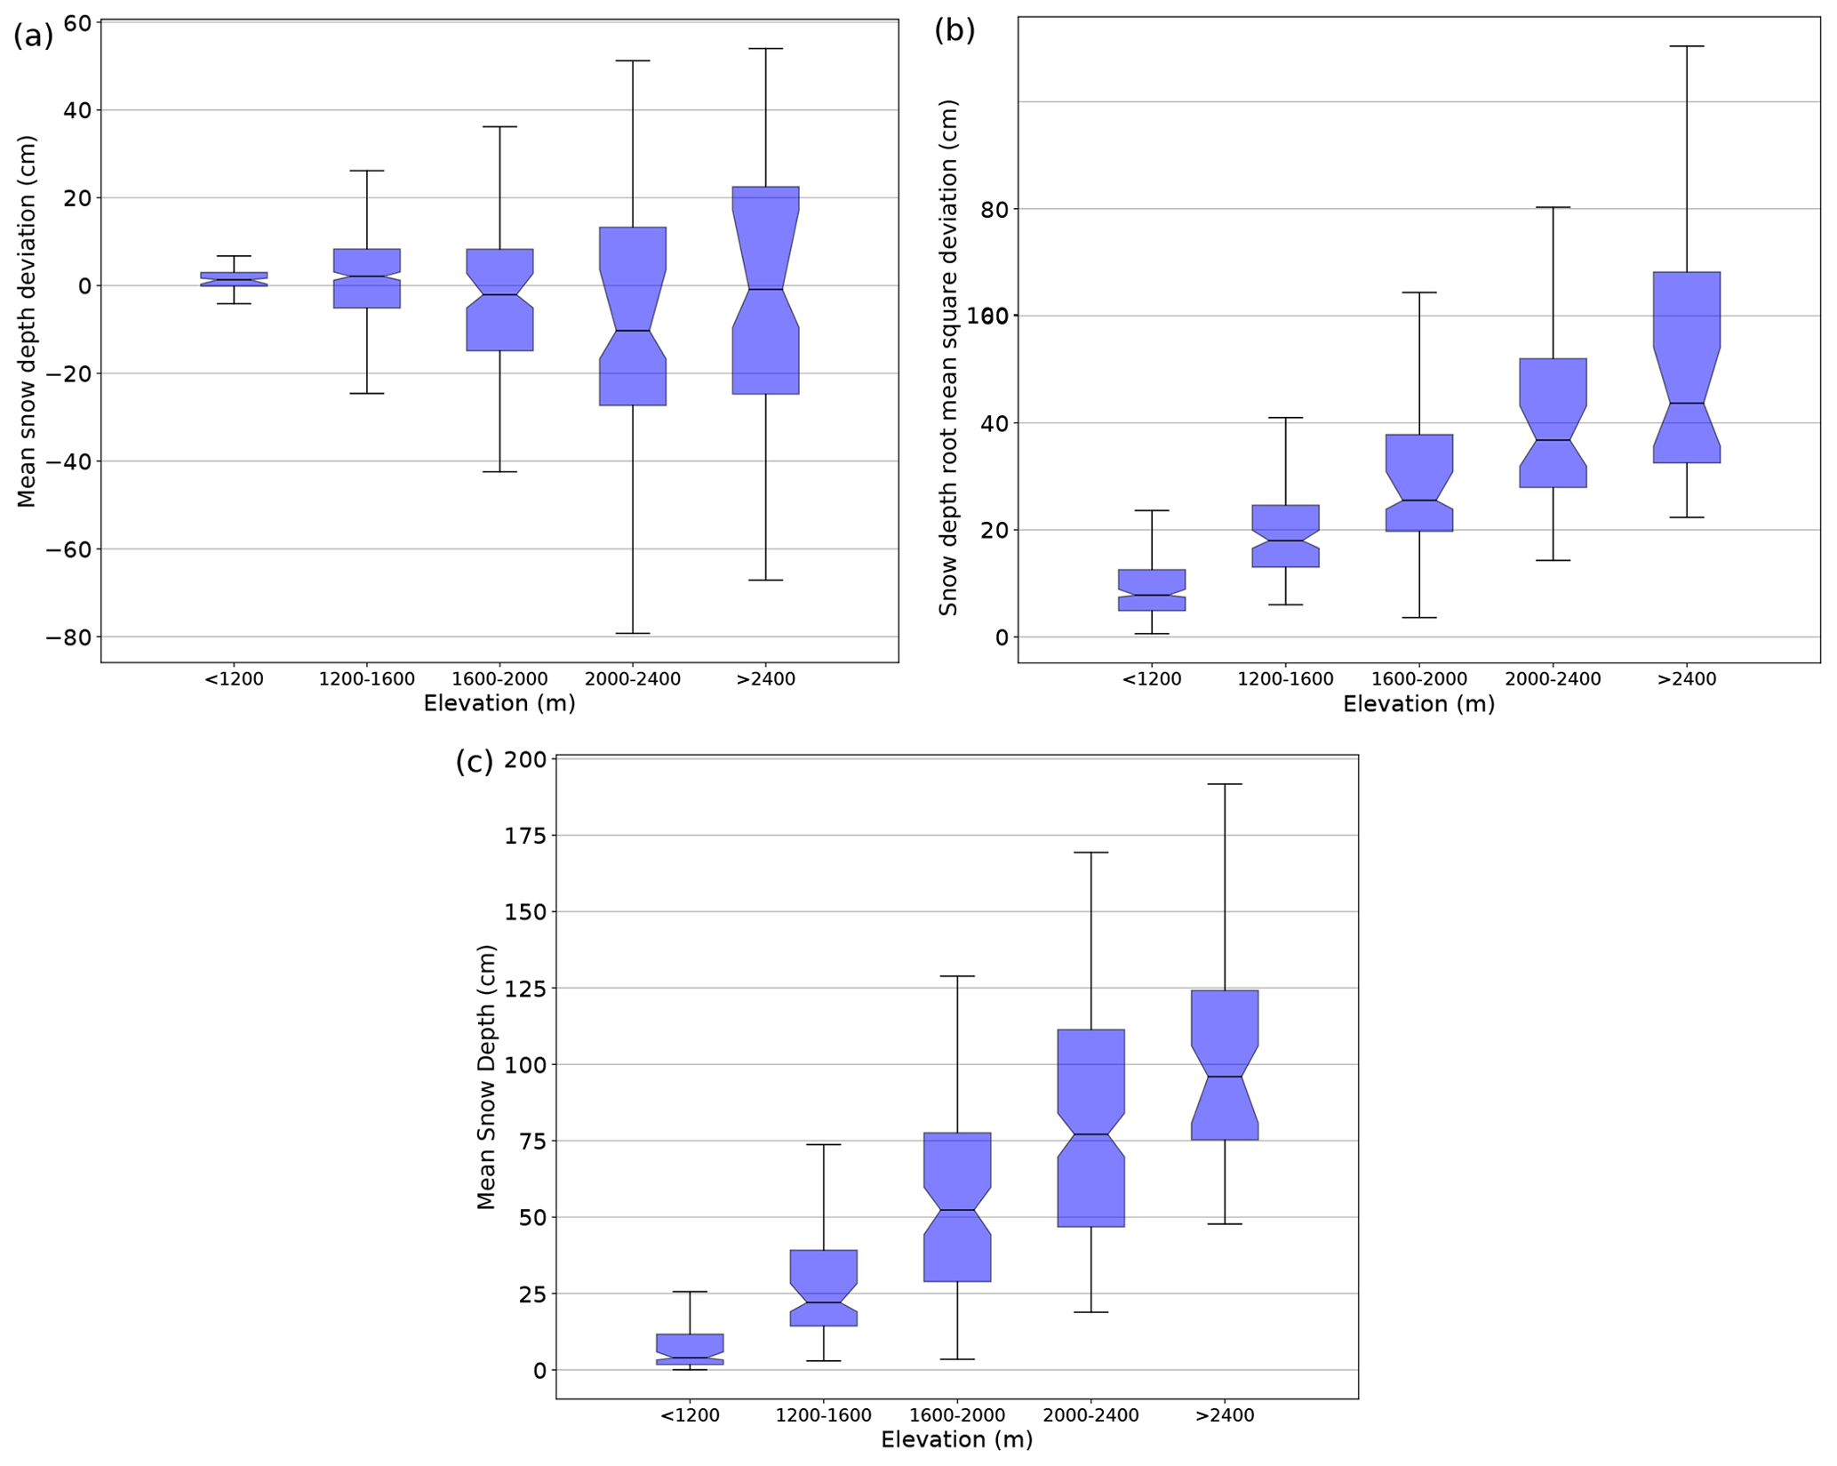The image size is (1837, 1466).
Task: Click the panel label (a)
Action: click(x=33, y=36)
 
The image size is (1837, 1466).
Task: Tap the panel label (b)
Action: click(x=954, y=31)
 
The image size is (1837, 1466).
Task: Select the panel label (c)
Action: click(x=474, y=762)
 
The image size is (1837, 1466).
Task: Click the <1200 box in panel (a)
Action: click(x=234, y=278)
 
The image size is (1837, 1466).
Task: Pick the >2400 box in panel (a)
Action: click(x=765, y=290)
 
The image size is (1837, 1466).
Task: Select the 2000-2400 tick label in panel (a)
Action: click(x=632, y=679)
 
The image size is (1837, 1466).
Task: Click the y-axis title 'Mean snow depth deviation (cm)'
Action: click(x=27, y=322)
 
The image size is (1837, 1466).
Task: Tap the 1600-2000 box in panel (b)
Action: click(x=1419, y=483)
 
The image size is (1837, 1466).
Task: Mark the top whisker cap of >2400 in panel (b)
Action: click(x=1686, y=46)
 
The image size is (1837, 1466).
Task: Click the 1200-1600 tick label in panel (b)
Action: click(x=1285, y=679)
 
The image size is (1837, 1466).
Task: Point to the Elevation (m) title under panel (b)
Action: click(x=1418, y=704)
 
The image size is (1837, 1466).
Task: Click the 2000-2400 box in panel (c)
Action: click(x=1090, y=1127)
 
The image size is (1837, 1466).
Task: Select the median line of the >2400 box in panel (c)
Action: click(x=1224, y=1077)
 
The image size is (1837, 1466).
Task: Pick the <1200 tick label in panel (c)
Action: click(x=690, y=1414)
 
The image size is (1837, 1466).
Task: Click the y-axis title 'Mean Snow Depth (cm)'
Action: click(x=485, y=1077)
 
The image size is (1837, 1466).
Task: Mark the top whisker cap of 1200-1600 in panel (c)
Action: click(x=823, y=1144)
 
